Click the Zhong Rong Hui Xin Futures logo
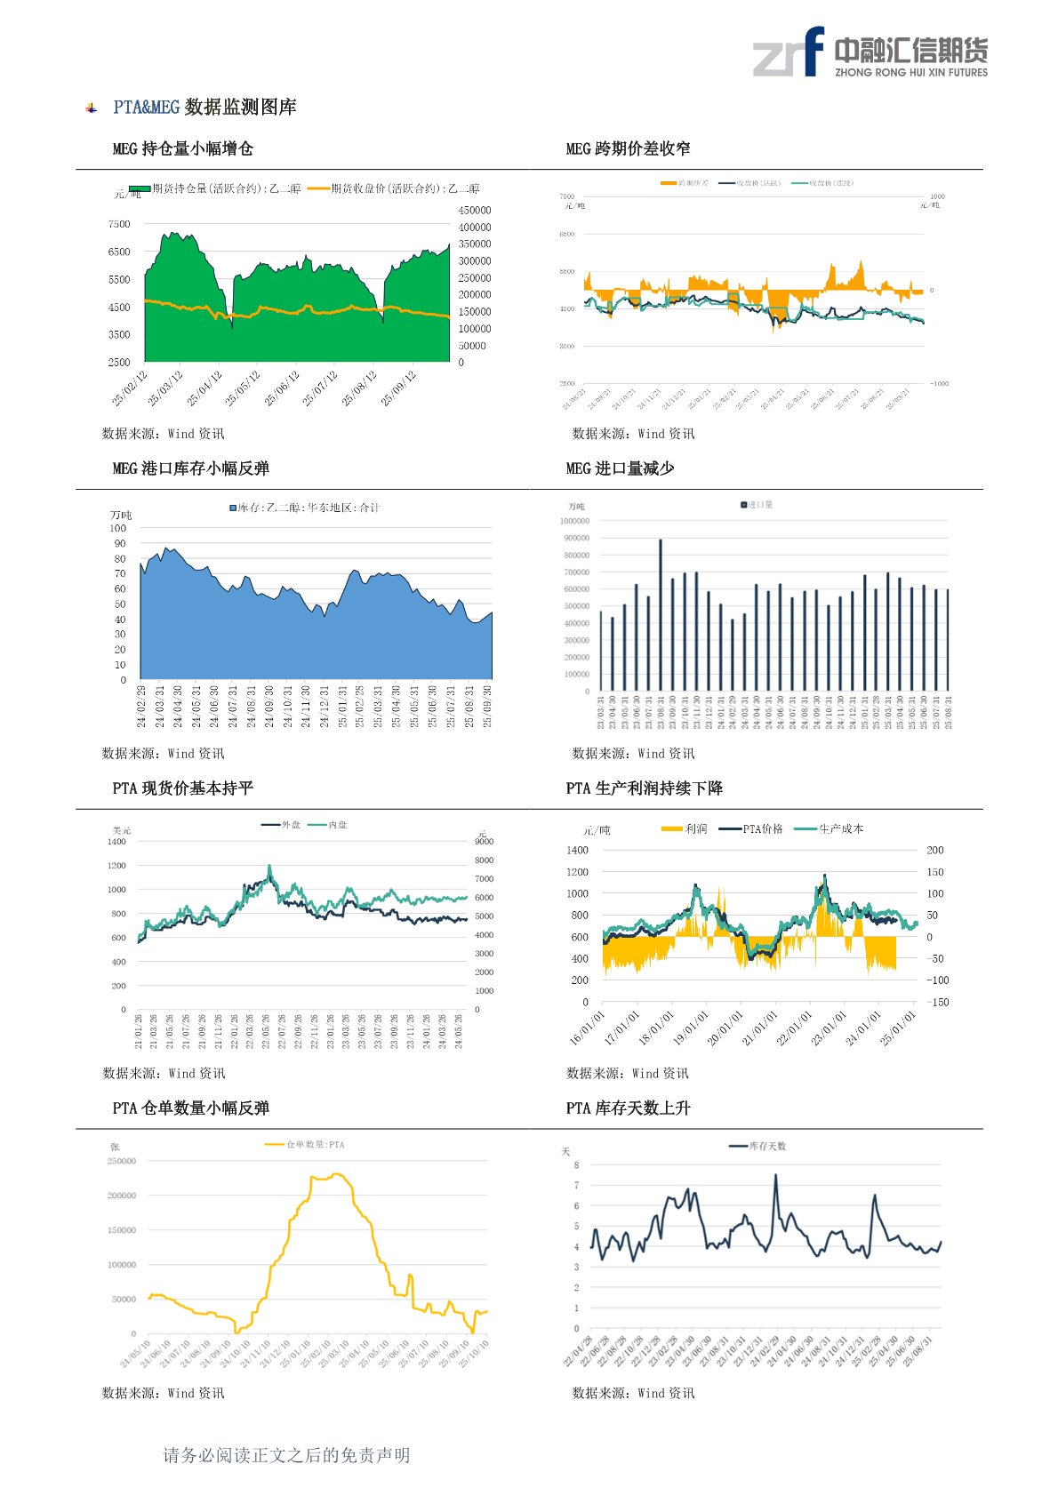pos(870,52)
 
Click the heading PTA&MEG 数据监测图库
pos(204,108)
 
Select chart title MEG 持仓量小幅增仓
pos(182,148)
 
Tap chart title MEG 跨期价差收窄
pos(628,148)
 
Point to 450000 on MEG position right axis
pos(475,211)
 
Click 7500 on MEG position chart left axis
pos(119,224)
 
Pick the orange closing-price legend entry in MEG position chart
pos(393,188)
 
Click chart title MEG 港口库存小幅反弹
pos(190,468)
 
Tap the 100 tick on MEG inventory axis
pos(118,528)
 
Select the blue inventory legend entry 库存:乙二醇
pos(305,508)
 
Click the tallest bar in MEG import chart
pos(660,613)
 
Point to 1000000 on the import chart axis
pos(574,521)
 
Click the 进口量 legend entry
pos(757,505)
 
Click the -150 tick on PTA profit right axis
pos(938,1002)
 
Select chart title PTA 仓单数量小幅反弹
pos(190,1108)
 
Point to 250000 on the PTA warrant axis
pos(122,1161)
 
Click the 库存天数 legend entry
pos(757,1146)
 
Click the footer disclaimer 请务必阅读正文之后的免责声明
pos(286,1455)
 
